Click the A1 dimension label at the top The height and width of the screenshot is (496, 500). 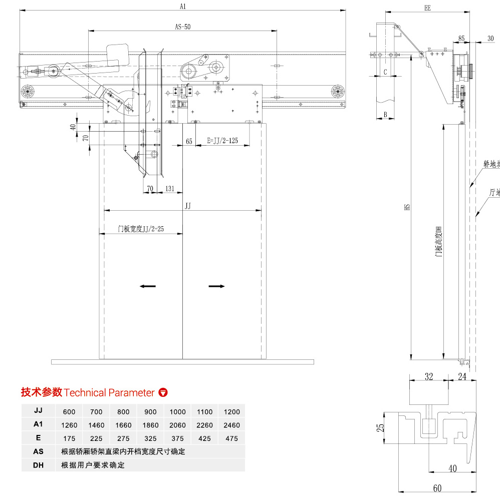(183, 7)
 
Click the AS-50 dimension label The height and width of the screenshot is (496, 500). (183, 27)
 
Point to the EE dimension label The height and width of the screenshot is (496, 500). (427, 8)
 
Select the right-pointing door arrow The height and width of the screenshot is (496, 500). (216, 286)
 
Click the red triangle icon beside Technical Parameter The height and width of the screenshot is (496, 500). (163, 392)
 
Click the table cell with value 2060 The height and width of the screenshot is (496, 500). (177, 425)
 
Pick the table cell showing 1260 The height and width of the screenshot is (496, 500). (69, 425)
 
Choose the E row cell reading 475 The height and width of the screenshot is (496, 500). (231, 438)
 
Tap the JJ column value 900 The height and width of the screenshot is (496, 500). (150, 412)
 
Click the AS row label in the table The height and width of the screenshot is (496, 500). (38, 451)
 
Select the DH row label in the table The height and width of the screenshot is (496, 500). (38, 465)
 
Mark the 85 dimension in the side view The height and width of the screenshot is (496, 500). (461, 38)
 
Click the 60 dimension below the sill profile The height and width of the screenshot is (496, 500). (437, 488)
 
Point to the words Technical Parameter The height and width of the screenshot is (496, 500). (109, 392)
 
